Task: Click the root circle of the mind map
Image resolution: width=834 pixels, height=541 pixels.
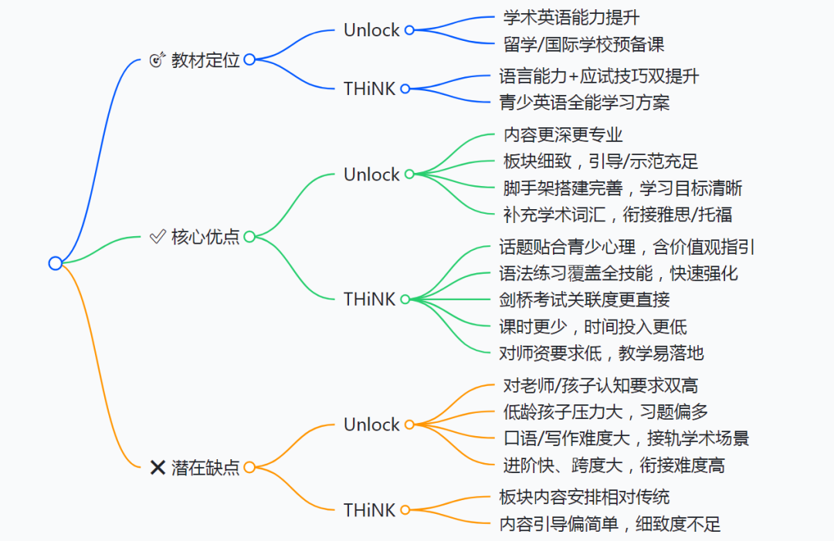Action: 55,263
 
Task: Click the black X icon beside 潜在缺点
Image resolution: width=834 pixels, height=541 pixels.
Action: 158,467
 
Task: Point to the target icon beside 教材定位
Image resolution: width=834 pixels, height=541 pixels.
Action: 158,60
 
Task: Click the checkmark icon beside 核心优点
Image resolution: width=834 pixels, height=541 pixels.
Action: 158,237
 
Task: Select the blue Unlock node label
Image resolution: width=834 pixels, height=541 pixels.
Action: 371,30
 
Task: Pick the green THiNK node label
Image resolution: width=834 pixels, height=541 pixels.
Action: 369,299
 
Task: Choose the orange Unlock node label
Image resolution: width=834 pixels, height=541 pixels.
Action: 371,424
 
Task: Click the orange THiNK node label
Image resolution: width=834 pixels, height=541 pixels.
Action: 369,510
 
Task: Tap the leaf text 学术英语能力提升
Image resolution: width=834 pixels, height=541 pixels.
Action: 571,16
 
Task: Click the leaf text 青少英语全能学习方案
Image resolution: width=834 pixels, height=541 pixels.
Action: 585,102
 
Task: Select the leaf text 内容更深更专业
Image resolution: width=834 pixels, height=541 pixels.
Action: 562,135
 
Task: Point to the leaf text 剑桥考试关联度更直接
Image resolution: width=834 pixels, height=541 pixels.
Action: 585,299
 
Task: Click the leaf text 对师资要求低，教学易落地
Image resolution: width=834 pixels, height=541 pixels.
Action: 602,353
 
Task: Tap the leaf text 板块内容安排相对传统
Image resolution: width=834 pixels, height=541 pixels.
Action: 585,496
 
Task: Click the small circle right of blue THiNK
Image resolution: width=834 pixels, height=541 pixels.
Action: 405,89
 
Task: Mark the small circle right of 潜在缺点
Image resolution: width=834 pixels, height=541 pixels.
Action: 249,468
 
